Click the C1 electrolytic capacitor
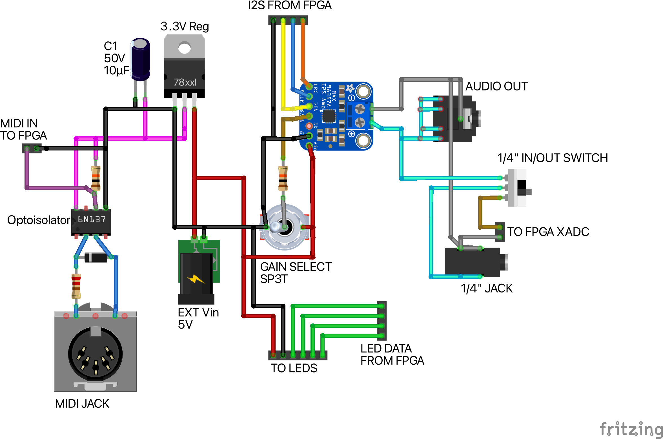click(140, 59)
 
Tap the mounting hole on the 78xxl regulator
click(185, 48)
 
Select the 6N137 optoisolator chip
click(91, 222)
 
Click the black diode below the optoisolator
click(96, 257)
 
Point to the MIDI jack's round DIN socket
click(95, 354)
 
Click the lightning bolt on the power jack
click(196, 279)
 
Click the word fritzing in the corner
click(631, 429)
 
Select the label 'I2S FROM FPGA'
click(290, 5)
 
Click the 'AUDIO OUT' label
click(496, 86)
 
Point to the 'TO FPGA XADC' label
click(548, 232)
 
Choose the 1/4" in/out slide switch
click(518, 188)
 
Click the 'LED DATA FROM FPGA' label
click(392, 354)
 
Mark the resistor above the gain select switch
click(283, 178)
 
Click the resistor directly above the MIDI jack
click(76, 286)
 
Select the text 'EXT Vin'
click(198, 312)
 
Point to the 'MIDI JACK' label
click(82, 403)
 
